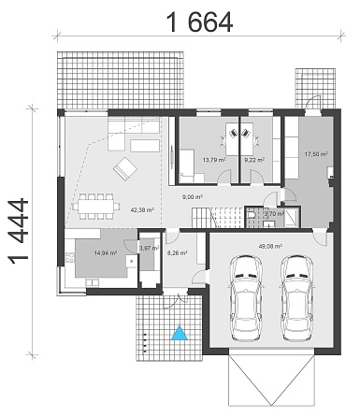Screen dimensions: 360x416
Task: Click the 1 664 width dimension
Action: point(200,22)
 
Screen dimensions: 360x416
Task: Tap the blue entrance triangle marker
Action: point(180,333)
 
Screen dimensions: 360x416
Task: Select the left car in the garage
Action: point(245,298)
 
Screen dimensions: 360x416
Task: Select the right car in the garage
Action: point(296,298)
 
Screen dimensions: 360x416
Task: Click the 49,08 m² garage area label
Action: point(270,246)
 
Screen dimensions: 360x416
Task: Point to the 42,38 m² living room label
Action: point(142,210)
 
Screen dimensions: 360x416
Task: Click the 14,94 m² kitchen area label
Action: point(106,253)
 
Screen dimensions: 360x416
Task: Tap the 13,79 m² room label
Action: point(214,160)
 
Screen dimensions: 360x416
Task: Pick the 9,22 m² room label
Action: point(254,160)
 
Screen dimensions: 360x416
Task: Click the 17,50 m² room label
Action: point(316,154)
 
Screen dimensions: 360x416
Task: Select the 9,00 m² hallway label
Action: point(193,197)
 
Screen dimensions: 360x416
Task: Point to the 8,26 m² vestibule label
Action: point(177,253)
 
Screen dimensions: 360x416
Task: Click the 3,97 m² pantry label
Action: point(149,249)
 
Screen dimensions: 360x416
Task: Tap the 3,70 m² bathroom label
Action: point(274,214)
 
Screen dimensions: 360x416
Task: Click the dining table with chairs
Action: point(96,207)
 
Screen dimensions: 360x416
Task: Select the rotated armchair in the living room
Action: point(125,168)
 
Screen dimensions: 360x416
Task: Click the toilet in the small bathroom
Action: point(251,214)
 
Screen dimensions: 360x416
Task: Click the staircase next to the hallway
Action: point(217,218)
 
